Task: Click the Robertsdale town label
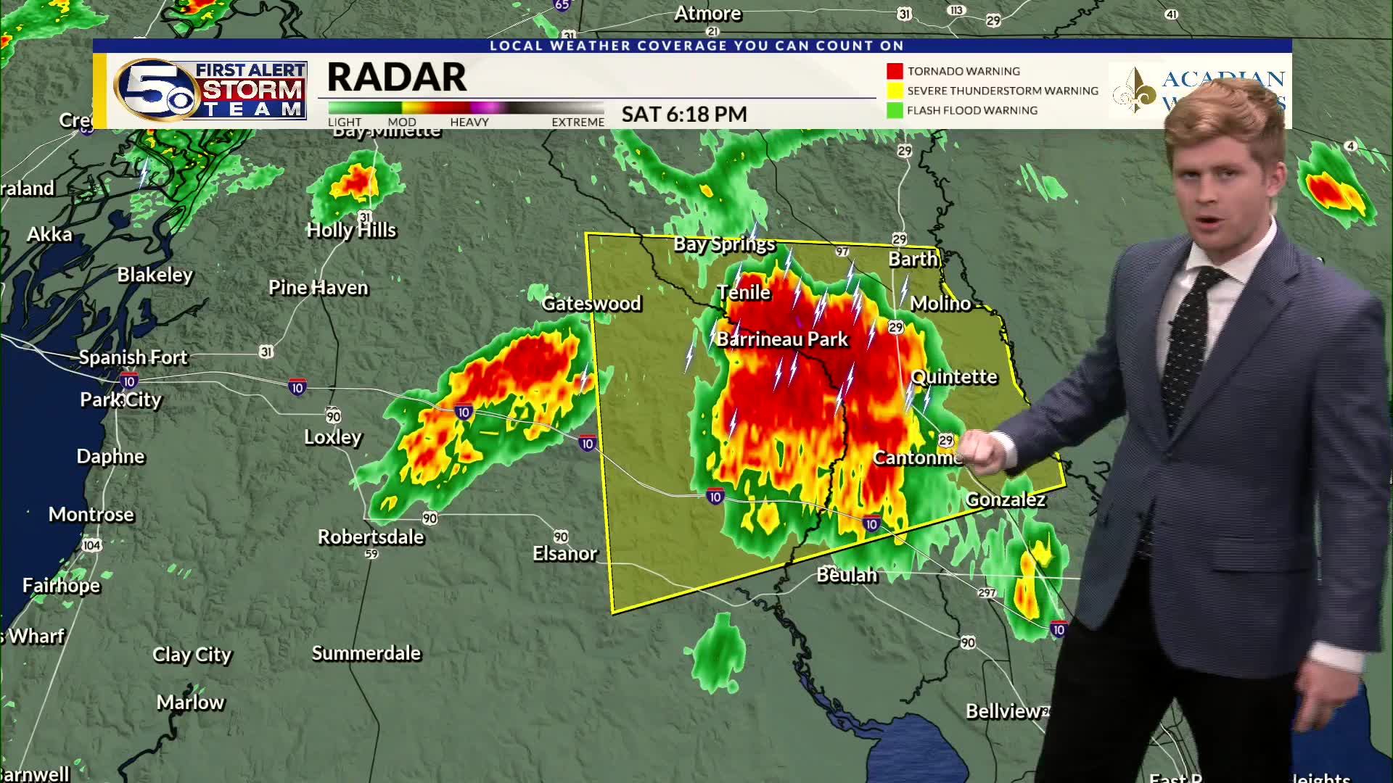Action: click(x=371, y=537)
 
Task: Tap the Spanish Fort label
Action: click(x=133, y=357)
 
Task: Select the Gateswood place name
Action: click(x=591, y=303)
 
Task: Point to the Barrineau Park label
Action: click(x=782, y=339)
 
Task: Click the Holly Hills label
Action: click(x=351, y=231)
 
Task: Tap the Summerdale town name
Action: click(x=366, y=653)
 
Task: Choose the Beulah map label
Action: click(x=847, y=576)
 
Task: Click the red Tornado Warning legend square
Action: click(x=895, y=71)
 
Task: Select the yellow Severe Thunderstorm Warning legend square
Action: click(x=895, y=91)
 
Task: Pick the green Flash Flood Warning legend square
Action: click(x=895, y=110)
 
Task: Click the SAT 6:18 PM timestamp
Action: click(x=684, y=115)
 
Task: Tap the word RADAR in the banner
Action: click(x=397, y=78)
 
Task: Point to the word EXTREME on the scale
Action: click(x=578, y=122)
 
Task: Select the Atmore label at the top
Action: click(x=707, y=14)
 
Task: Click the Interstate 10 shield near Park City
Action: click(x=129, y=381)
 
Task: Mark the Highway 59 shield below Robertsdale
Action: click(x=371, y=554)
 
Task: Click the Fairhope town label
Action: click(x=61, y=586)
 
